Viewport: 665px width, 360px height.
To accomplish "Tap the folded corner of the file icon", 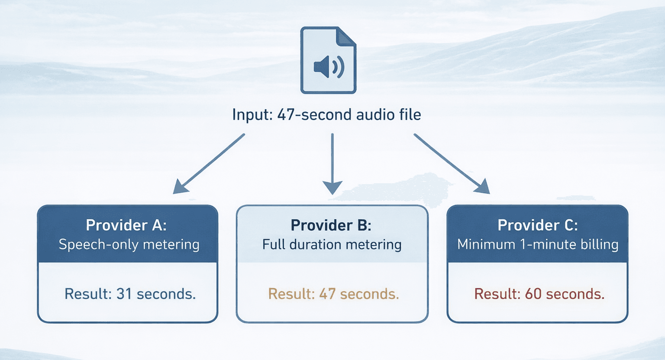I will (x=346, y=36).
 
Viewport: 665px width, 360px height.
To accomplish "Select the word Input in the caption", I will (x=252, y=115).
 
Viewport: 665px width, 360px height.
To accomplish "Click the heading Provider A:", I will (x=126, y=225).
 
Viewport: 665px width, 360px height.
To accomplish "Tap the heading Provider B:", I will (x=331, y=225).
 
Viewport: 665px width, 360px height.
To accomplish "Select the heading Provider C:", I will (x=538, y=225).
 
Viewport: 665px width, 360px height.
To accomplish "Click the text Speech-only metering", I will (x=129, y=245).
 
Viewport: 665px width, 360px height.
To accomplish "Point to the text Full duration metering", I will (x=332, y=245).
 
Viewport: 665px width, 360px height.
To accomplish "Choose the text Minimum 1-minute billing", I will (x=538, y=245).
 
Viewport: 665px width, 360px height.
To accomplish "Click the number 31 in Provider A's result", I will (x=124, y=294).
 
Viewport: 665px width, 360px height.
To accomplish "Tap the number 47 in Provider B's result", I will (x=327, y=294).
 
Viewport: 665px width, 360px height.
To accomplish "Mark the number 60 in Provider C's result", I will (x=533, y=294).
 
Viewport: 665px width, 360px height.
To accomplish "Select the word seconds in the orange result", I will (x=369, y=294).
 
